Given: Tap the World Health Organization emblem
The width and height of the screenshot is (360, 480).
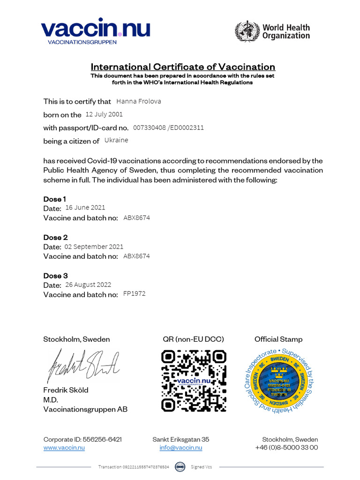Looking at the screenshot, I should pos(247,31).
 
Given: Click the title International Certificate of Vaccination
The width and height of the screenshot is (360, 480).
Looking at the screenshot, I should pos(183,67).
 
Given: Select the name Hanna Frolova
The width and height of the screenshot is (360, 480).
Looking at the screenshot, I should pos(138,101).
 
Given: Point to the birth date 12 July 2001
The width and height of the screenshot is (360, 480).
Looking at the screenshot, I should pos(104,114).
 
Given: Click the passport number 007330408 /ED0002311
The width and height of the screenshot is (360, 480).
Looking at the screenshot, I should pos(168,127).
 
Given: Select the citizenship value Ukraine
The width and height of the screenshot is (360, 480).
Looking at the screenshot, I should pos(116,140).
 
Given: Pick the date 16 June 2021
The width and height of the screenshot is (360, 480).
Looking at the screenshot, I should pos(85,207).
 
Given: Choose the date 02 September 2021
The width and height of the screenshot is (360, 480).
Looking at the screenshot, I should pos(94,246).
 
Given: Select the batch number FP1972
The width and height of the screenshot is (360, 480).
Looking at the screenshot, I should pos(134,294).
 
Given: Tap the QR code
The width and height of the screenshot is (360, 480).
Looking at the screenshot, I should pos(194,381).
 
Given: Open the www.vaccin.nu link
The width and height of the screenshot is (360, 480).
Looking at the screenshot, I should pos(64,448).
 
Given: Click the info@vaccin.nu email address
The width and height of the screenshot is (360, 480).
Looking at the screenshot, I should pos(181,448).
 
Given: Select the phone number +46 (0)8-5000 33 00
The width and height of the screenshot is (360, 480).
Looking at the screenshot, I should pos(286,448).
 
